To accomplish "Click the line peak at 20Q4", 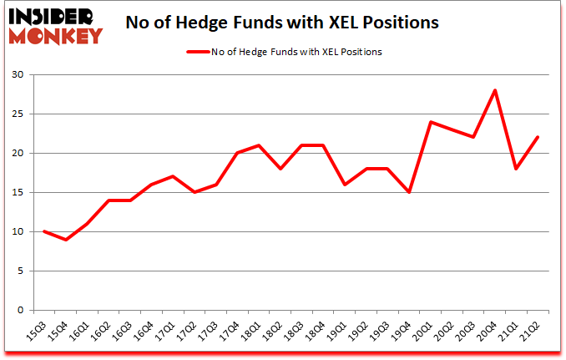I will click(495, 91).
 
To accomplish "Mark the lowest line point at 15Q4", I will click(65, 240).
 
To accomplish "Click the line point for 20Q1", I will click(430, 122).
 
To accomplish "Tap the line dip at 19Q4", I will click(409, 193).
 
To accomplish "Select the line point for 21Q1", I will click(517, 169).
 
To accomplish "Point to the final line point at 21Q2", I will click(538, 138).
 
